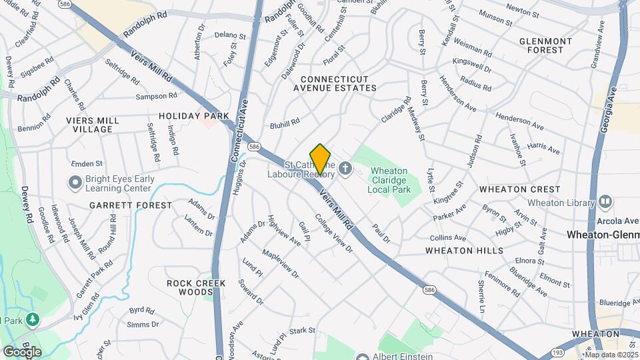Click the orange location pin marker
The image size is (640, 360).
tap(320, 159)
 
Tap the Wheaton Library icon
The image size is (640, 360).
tap(605, 201)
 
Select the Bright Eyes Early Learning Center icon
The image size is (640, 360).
tap(75, 182)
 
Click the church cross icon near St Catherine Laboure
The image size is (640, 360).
tap(345, 168)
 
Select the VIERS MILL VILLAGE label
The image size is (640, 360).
tap(93, 125)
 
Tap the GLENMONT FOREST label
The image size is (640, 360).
tap(545, 45)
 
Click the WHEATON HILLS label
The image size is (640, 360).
tap(465, 251)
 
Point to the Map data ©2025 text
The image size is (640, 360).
tap(611, 355)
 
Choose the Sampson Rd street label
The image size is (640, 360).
tap(155, 97)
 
